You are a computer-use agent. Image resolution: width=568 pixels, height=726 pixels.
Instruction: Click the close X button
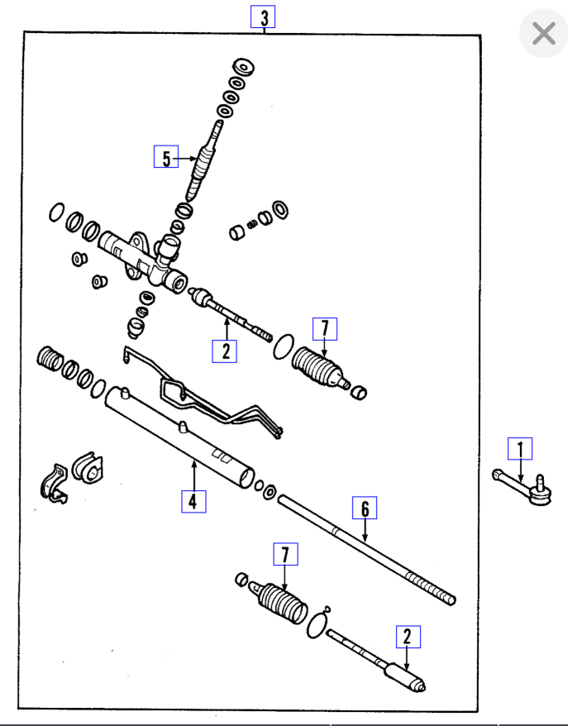[543, 34]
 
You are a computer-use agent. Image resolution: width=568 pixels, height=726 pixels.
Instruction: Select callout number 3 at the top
[263, 17]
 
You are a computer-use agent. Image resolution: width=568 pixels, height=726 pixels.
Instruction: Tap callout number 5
[166, 156]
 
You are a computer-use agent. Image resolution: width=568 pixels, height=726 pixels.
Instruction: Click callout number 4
[193, 501]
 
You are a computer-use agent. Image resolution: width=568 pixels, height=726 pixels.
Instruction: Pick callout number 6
[364, 508]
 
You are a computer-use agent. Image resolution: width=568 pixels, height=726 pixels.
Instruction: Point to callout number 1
[520, 448]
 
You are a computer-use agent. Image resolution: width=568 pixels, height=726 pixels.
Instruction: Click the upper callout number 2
[224, 351]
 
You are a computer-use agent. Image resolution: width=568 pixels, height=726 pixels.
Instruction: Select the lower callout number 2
[407, 637]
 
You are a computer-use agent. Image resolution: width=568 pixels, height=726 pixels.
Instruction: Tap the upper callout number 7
[324, 329]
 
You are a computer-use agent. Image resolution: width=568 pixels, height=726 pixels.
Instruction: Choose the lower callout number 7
[284, 556]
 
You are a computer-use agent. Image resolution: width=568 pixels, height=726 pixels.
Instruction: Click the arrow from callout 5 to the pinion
[188, 156]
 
